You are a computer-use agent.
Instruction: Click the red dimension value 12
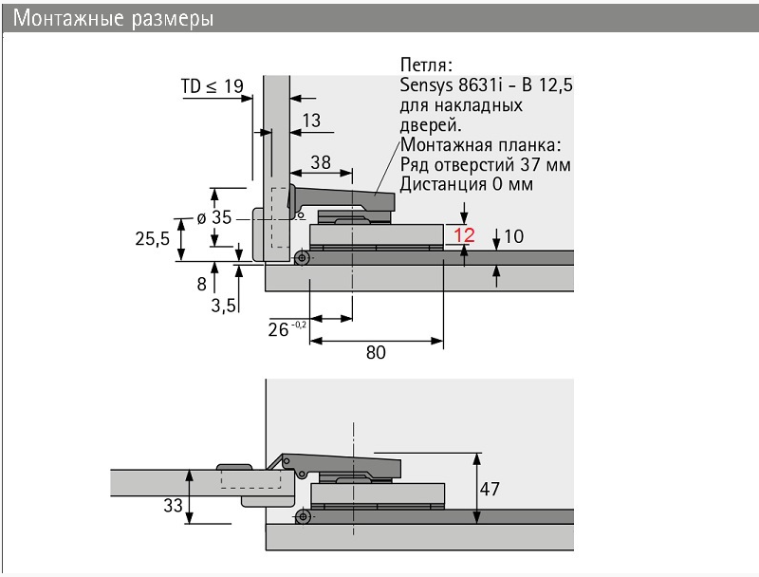tap(464, 235)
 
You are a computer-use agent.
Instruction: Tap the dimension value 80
tap(376, 352)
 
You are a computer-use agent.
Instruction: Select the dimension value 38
tap(321, 162)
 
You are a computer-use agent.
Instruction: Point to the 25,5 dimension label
tap(152, 238)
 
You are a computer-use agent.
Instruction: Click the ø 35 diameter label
tap(214, 217)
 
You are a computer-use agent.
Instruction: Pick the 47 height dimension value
tap(490, 489)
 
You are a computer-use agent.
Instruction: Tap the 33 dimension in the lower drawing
tap(173, 506)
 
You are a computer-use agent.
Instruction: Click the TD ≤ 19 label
tap(212, 86)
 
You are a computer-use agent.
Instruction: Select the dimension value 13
tap(311, 120)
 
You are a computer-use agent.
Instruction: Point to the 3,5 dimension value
tap(223, 306)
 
